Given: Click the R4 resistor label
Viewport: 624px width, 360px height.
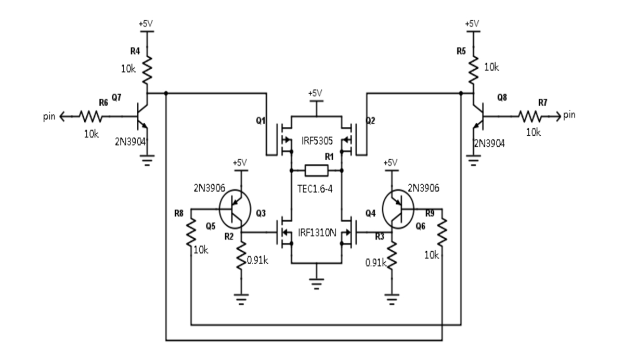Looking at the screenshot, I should pyautogui.click(x=134, y=51).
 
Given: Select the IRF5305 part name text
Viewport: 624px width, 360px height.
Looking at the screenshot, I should pyautogui.click(x=317, y=139).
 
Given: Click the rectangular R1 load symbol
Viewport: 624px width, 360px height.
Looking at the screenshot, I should pyautogui.click(x=316, y=170).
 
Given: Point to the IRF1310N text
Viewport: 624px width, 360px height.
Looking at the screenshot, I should pyautogui.click(x=317, y=232).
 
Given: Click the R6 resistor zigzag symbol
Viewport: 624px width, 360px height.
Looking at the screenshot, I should pyautogui.click(x=91, y=117).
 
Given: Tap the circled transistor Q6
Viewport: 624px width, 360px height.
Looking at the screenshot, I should pyautogui.click(x=399, y=209).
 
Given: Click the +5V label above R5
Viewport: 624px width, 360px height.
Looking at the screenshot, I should pyautogui.click(x=471, y=23).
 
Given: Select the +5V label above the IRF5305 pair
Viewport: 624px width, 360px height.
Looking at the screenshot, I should pyautogui.click(x=316, y=93).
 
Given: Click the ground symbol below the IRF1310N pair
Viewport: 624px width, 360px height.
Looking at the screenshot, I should pyautogui.click(x=316, y=284).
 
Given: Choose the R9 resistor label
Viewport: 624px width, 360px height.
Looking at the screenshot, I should pyautogui.click(x=430, y=213).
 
